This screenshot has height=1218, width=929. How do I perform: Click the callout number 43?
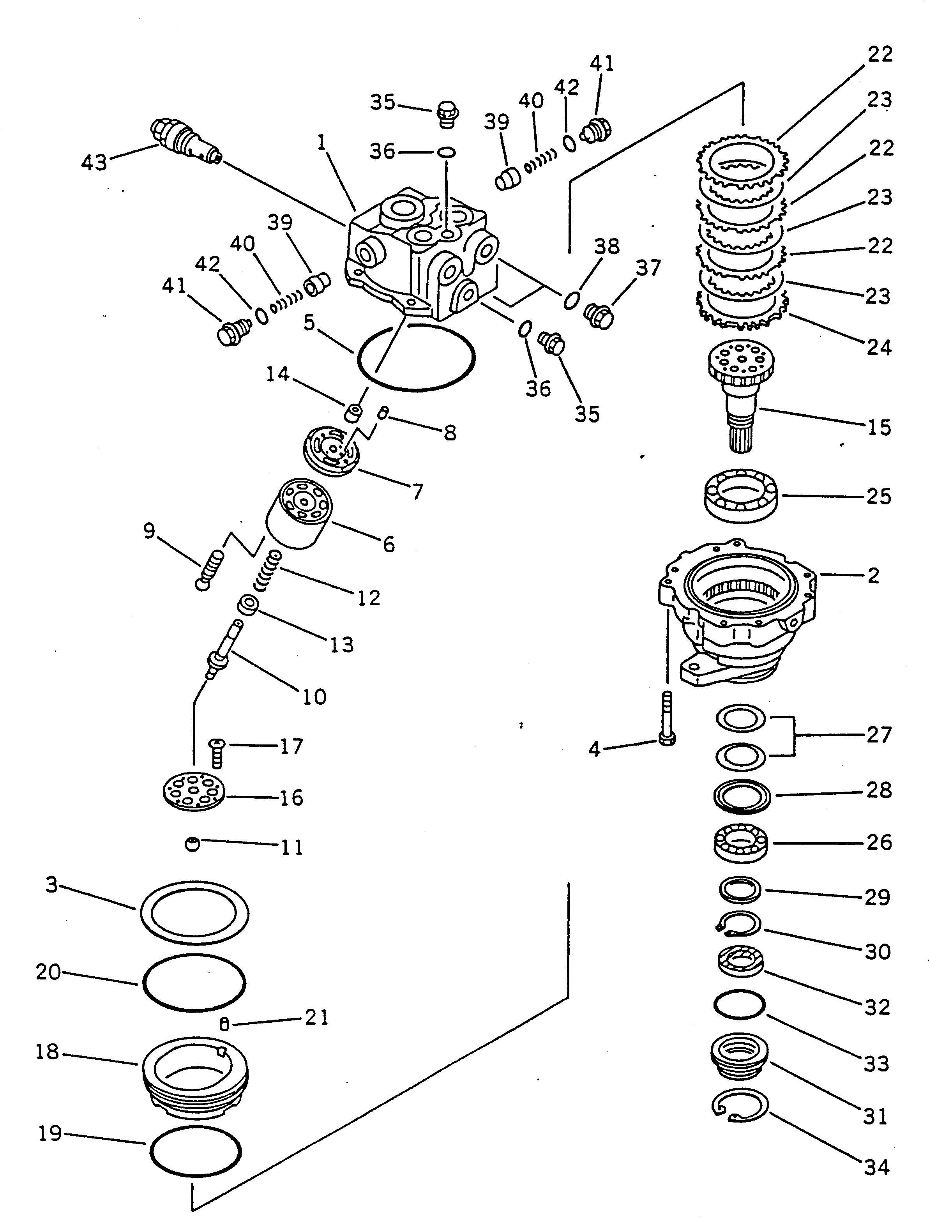(x=94, y=163)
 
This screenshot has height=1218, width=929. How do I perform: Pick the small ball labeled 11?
(x=192, y=844)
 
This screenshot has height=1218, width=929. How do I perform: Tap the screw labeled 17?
(x=217, y=753)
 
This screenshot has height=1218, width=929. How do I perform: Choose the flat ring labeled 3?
(x=194, y=913)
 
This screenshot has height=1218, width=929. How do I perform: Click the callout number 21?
(x=317, y=1017)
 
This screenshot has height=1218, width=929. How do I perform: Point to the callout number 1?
(x=321, y=143)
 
